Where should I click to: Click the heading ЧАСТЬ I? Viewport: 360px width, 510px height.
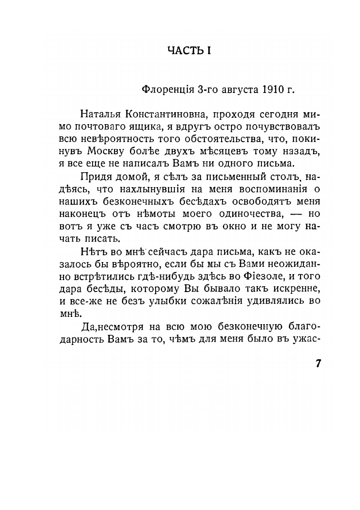pyautogui.click(x=189, y=51)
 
